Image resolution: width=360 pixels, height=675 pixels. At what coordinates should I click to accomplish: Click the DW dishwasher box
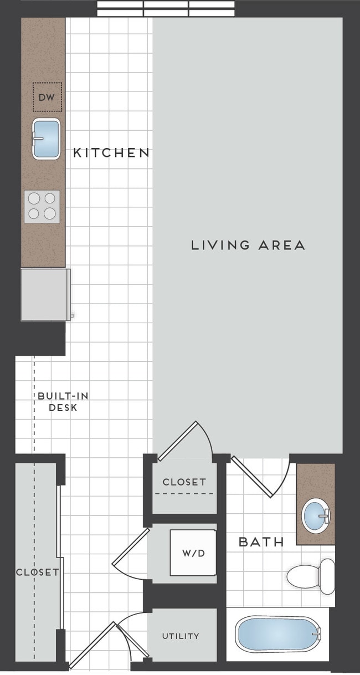(x=47, y=97)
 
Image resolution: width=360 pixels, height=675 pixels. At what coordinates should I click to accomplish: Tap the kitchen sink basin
(x=46, y=139)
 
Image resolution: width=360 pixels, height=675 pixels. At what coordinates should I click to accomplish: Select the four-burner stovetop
(x=42, y=206)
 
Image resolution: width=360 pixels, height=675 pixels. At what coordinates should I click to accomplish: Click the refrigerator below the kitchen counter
(x=45, y=294)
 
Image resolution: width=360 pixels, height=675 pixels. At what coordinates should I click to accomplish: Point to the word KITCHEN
(x=111, y=153)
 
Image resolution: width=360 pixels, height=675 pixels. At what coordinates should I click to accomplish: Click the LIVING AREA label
(x=248, y=245)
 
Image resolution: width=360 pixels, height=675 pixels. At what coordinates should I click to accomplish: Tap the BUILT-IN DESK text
(x=63, y=402)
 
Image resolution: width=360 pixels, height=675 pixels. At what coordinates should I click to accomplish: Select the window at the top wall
(x=166, y=8)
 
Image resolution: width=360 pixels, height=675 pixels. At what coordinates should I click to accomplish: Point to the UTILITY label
(x=181, y=636)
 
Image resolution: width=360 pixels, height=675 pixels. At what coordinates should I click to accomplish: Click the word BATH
(x=261, y=542)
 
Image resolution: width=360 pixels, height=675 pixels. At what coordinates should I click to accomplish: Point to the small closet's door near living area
(x=186, y=441)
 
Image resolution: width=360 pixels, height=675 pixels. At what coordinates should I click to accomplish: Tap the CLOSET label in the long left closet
(x=37, y=572)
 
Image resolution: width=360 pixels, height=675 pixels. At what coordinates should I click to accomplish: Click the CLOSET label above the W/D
(x=184, y=482)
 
